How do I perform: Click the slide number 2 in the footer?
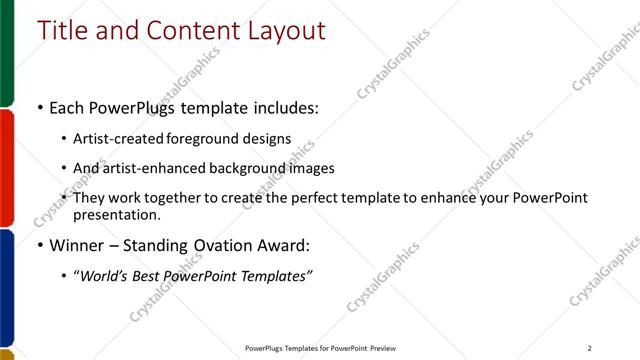click(590, 348)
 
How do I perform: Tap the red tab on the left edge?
click(6, 167)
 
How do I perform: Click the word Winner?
click(79, 245)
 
